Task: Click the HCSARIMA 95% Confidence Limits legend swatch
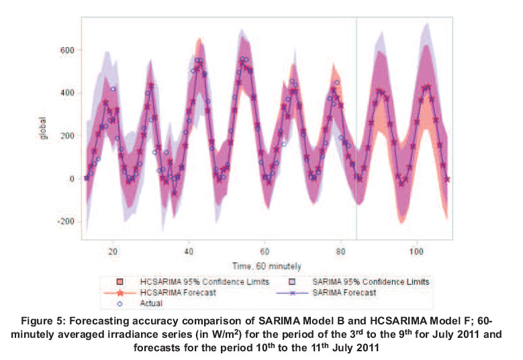[x=120, y=281]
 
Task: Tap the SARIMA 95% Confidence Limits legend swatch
[x=293, y=281]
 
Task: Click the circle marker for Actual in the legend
[x=120, y=303]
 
